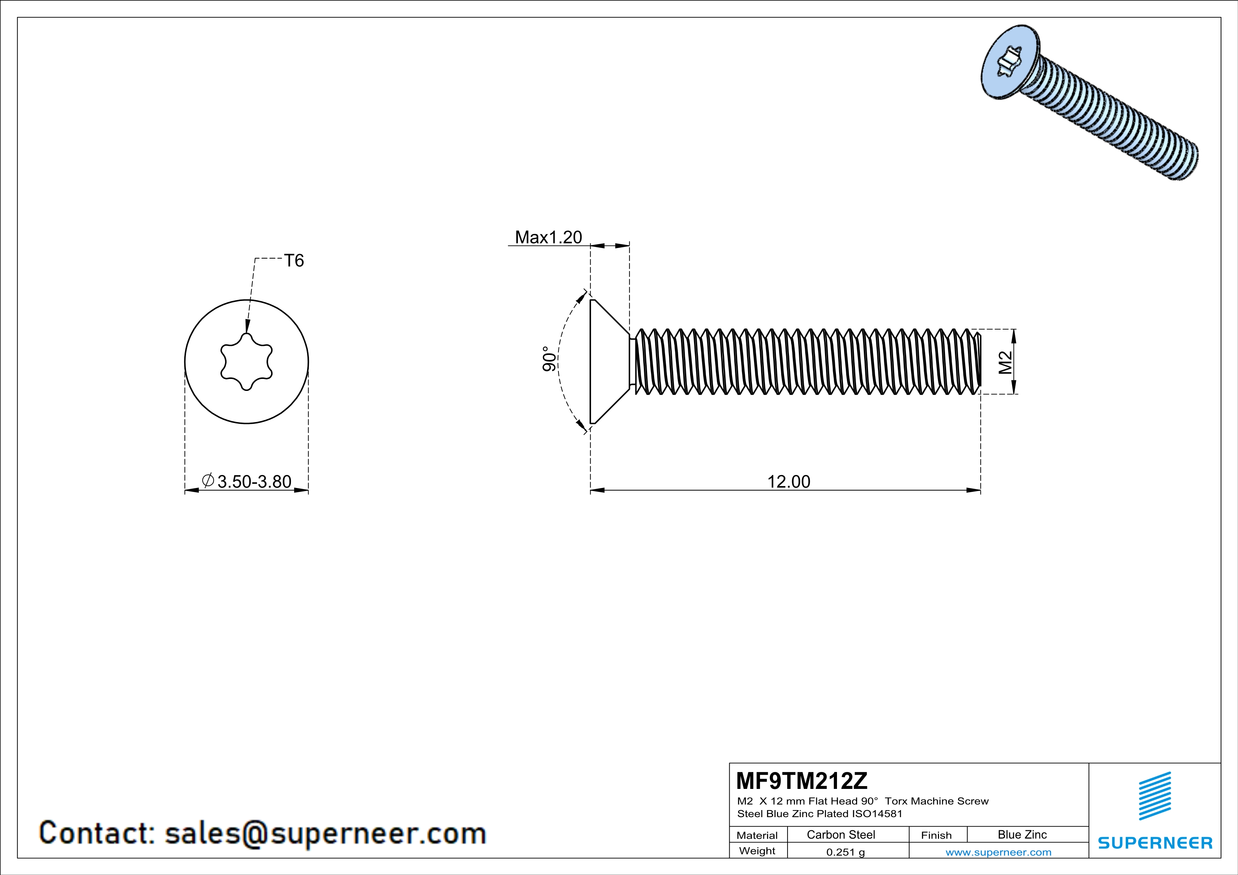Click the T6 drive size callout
click(x=294, y=261)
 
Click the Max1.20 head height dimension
click(x=548, y=237)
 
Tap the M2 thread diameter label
click(x=1005, y=362)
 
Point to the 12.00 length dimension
click(x=788, y=481)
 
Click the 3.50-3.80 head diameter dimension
click(x=253, y=481)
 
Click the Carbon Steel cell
click(x=841, y=834)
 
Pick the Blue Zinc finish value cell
click(x=1022, y=834)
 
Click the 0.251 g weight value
click(x=845, y=852)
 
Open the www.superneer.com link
click(x=998, y=852)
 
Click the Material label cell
click(x=757, y=835)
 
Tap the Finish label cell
click(x=936, y=835)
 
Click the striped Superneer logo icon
click(x=1154, y=796)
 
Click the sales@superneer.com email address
click(x=325, y=833)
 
